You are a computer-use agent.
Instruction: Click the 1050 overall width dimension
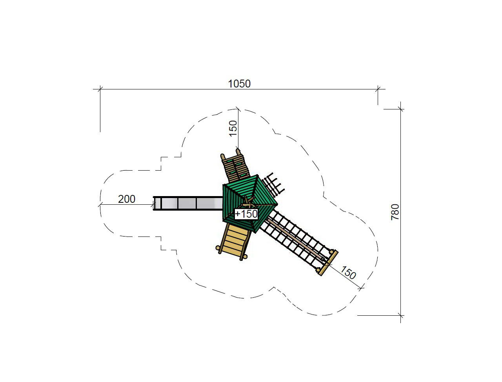[x=239, y=84]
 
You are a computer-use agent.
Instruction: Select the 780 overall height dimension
[x=395, y=212]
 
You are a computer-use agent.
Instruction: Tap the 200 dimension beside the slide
[x=126, y=199]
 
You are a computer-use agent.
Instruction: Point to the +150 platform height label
[x=246, y=214]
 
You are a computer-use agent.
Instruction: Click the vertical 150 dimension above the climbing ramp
[x=233, y=128]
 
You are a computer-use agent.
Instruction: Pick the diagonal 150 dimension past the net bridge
[x=348, y=273]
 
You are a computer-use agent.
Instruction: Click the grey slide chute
[x=188, y=203]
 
